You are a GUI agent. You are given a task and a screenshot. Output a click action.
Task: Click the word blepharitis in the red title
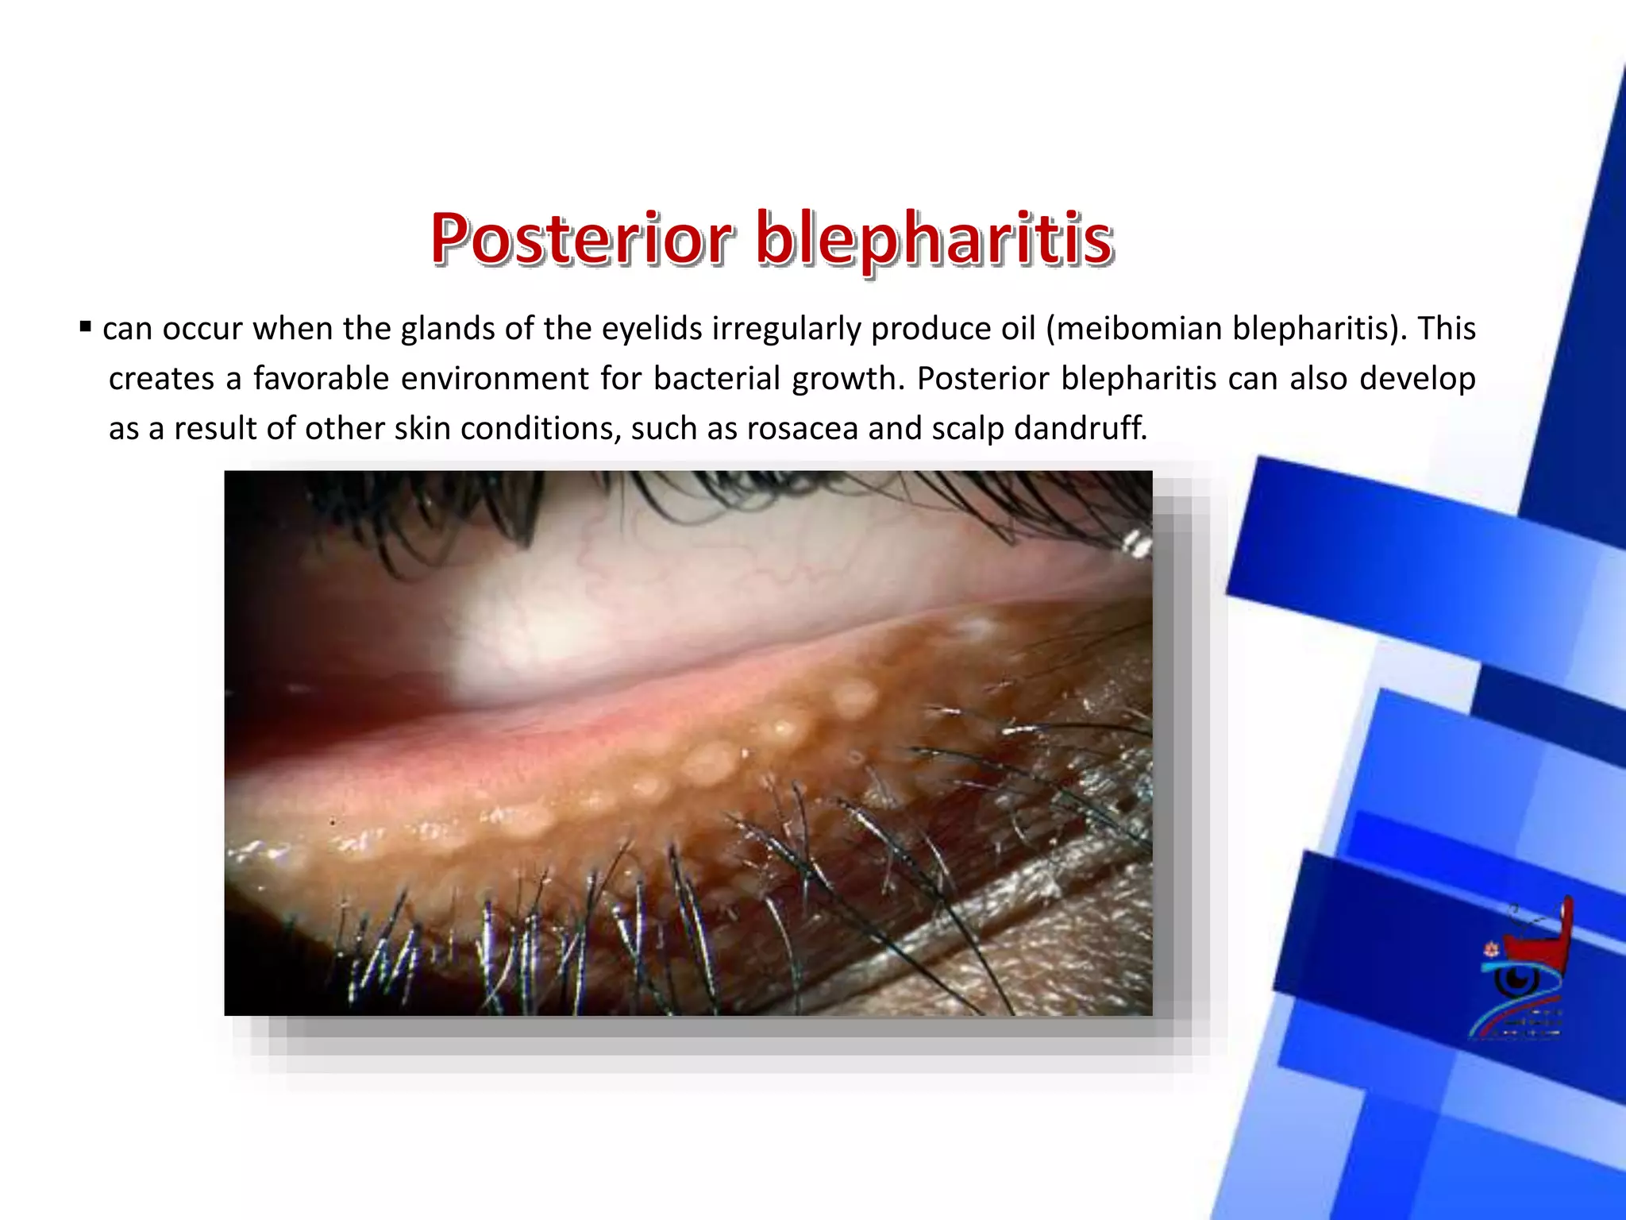934,238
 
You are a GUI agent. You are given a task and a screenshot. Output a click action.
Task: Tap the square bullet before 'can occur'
86,326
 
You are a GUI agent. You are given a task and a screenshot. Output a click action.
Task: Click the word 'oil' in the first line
1017,329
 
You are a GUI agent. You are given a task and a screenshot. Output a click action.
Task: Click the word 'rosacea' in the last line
803,429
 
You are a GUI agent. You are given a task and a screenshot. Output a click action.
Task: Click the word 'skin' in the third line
423,429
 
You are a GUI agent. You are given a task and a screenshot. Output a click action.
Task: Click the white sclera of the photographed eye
556,635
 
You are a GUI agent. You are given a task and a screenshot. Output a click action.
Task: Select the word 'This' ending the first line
1447,329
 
